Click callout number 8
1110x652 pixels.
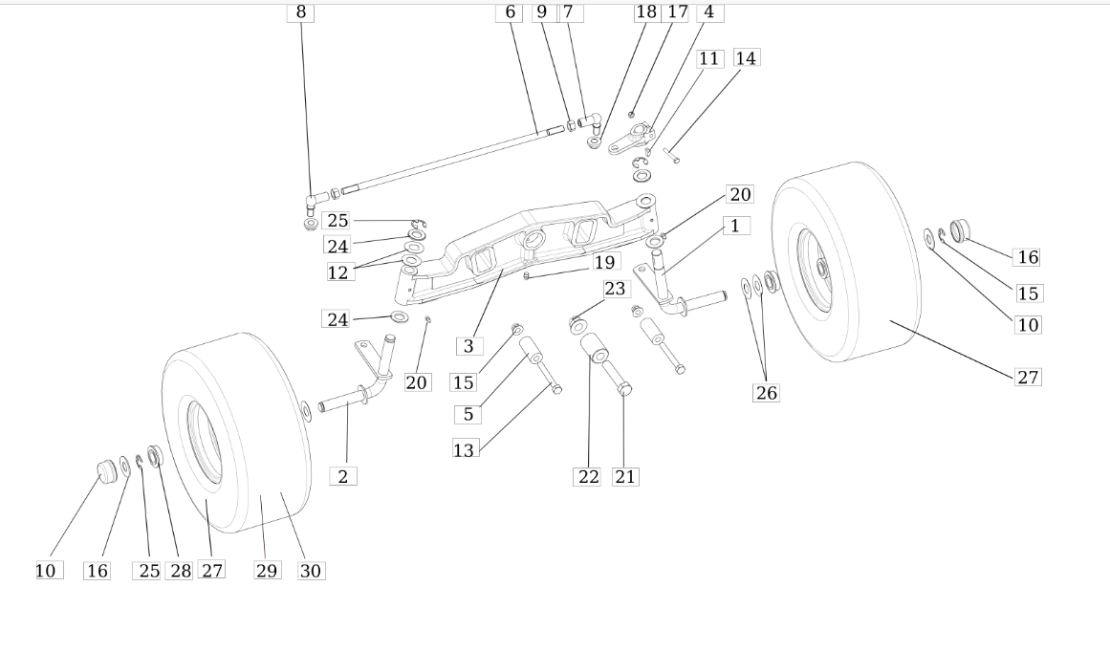pyautogui.click(x=301, y=12)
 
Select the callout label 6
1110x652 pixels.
pyautogui.click(x=510, y=12)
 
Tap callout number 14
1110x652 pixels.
pyautogui.click(x=746, y=58)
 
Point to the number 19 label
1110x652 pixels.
pyautogui.click(x=604, y=263)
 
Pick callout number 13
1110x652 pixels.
pyautogui.click(x=464, y=449)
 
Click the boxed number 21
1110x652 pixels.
pyautogui.click(x=625, y=477)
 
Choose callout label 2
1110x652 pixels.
pyautogui.click(x=343, y=476)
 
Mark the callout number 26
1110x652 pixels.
pyautogui.click(x=767, y=393)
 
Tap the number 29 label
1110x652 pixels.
pyautogui.click(x=267, y=571)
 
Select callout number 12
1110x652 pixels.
pyautogui.click(x=338, y=272)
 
